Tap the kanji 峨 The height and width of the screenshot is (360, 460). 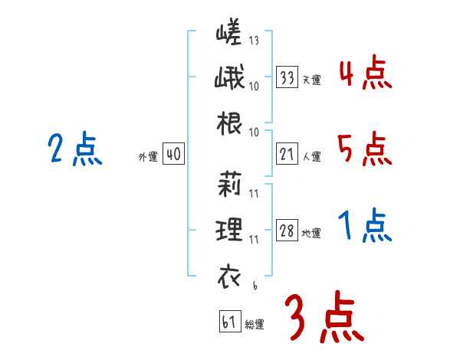(x=228, y=80)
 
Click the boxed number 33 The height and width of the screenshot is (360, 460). (x=287, y=77)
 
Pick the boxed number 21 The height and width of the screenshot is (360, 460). (x=287, y=155)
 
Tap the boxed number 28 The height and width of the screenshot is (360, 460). (x=287, y=231)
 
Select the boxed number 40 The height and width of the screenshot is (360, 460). (x=172, y=155)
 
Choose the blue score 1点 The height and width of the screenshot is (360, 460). (x=365, y=226)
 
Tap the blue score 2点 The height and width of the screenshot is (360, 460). (x=74, y=149)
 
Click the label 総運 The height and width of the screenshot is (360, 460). (x=255, y=325)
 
